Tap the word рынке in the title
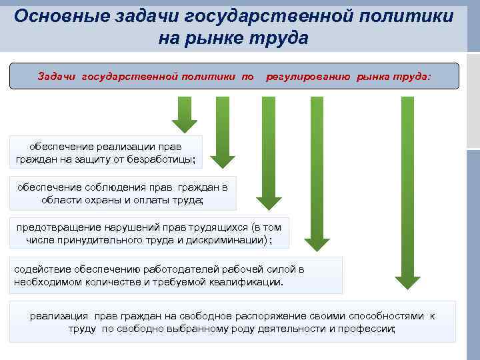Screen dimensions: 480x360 coord(224,38)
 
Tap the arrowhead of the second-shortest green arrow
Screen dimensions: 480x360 coord(223,160)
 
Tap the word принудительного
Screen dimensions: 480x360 coord(115,240)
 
